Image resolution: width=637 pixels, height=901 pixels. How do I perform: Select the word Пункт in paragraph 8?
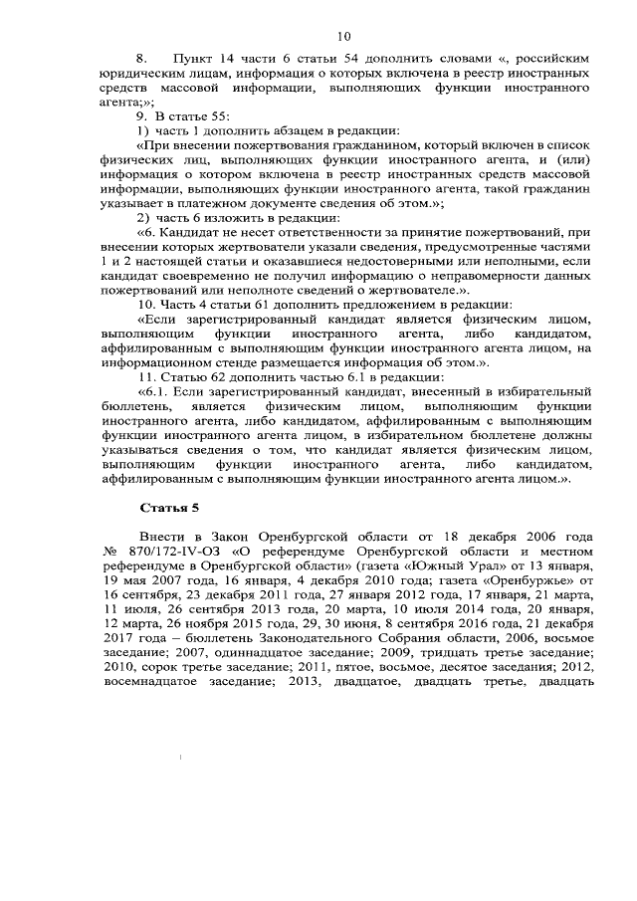pos(193,61)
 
